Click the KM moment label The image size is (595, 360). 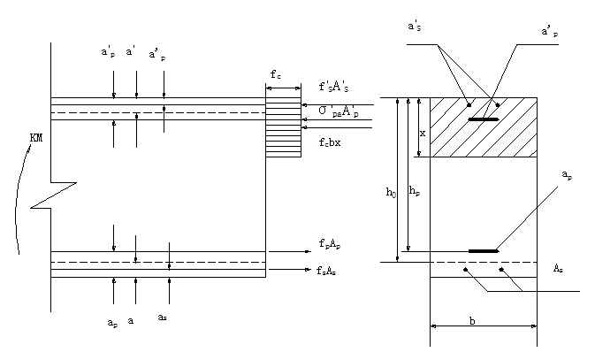pos(35,138)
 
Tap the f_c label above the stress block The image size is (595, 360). pos(278,75)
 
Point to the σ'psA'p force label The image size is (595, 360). pos(339,111)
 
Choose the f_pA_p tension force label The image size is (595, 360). pos(335,243)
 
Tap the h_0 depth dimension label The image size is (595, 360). pos(389,190)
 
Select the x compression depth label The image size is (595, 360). pos(423,134)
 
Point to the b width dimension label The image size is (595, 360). pos(472,322)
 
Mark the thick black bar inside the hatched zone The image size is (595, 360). pos(483,119)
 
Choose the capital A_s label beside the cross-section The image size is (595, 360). pos(560,268)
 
